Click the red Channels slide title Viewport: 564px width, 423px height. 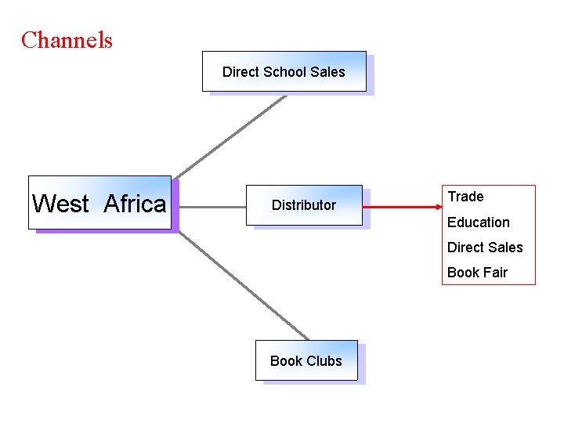pos(67,40)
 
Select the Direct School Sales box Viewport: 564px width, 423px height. pos(284,71)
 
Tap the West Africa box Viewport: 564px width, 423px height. pos(99,203)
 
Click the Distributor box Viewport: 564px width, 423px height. pos(304,205)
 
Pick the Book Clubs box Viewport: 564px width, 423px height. pos(305,360)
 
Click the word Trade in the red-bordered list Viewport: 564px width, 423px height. pos(465,197)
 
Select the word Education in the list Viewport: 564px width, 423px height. pos(478,222)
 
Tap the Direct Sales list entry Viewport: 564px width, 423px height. pos(485,248)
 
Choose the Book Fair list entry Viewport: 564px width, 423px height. pos(477,273)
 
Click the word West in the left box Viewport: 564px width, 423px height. pos(60,204)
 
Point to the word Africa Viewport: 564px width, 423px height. pos(135,204)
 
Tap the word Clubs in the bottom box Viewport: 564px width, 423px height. pos(324,360)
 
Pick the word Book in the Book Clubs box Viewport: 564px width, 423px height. pos(286,360)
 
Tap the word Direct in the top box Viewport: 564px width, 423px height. pos(240,71)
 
